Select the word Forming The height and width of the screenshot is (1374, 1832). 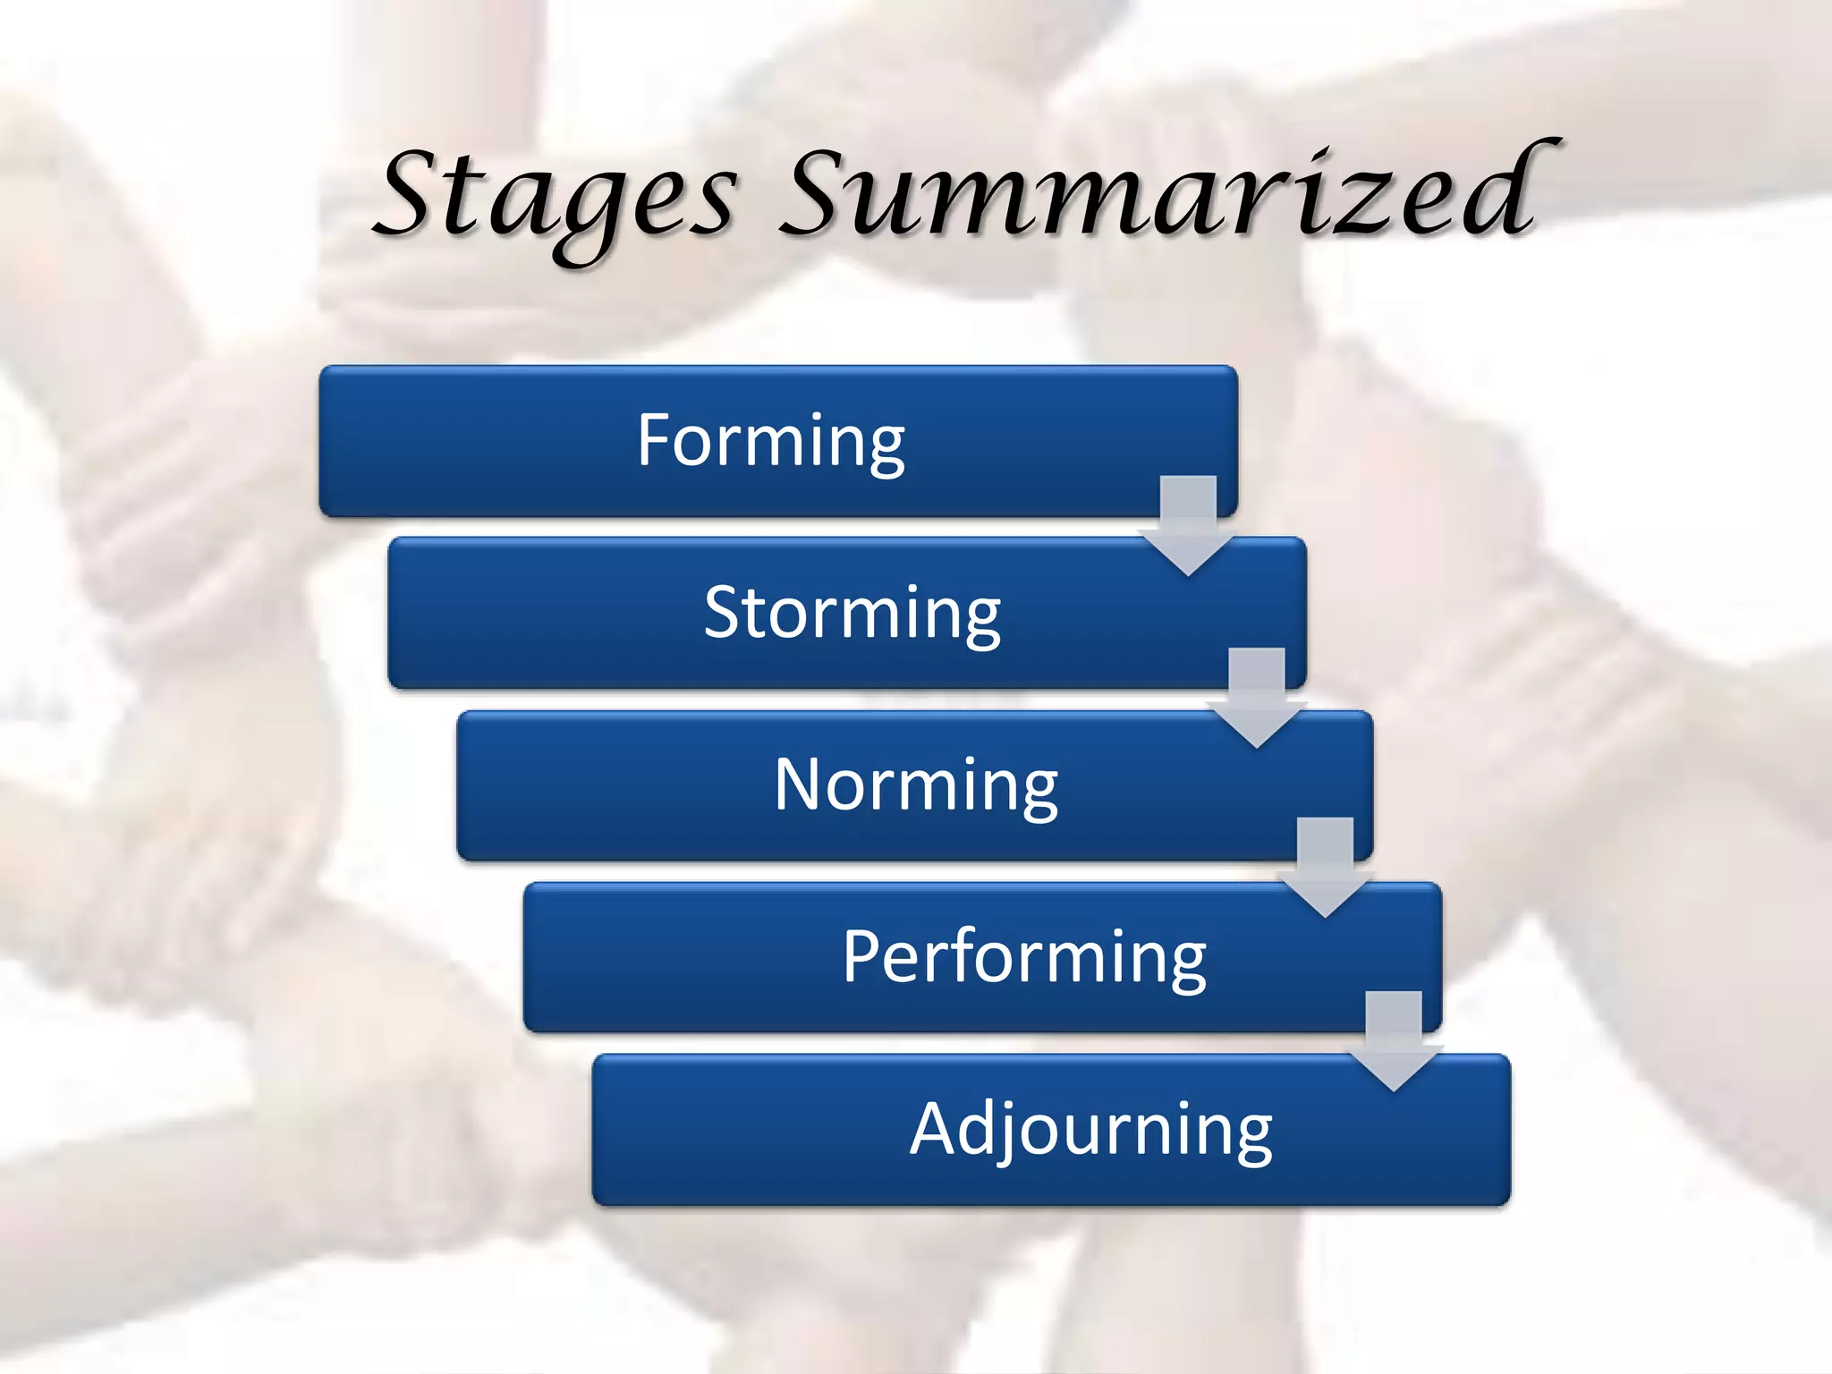pyautogui.click(x=771, y=440)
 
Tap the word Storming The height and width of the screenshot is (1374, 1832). pyautogui.click(x=852, y=613)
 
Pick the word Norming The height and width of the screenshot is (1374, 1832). pyautogui.click(x=916, y=785)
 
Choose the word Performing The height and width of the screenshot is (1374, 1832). pyautogui.click(x=1024, y=957)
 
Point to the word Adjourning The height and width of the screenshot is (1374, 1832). pyautogui.click(x=1090, y=1130)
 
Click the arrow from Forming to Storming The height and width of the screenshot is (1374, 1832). pyautogui.click(x=1188, y=524)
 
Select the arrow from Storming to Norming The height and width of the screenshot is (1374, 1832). pyautogui.click(x=1257, y=697)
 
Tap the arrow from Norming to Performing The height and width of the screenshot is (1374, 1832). pyautogui.click(x=1325, y=867)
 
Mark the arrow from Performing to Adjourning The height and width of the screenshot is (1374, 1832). pyautogui.click(x=1394, y=1040)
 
